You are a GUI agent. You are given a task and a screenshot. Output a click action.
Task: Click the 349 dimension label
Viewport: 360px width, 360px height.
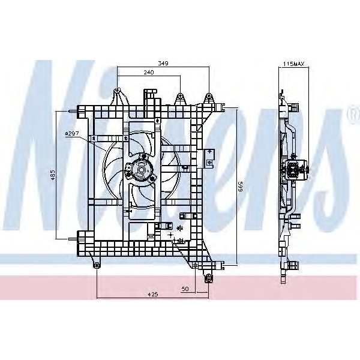point(163,63)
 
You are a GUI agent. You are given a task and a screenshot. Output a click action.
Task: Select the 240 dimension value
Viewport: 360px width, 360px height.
point(149,73)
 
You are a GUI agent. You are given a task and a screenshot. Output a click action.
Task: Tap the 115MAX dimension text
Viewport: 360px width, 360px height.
point(293,64)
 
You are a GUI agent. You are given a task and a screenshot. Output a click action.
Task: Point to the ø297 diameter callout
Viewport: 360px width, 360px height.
point(72,133)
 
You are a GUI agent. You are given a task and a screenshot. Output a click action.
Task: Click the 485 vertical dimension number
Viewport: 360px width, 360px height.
point(53,175)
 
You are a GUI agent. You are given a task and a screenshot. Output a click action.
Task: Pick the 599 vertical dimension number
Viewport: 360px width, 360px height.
point(240,187)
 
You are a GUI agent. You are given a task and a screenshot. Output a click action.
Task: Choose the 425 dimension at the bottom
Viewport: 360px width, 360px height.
point(152,294)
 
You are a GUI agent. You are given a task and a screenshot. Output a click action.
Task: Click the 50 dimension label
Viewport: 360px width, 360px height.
point(185,289)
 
